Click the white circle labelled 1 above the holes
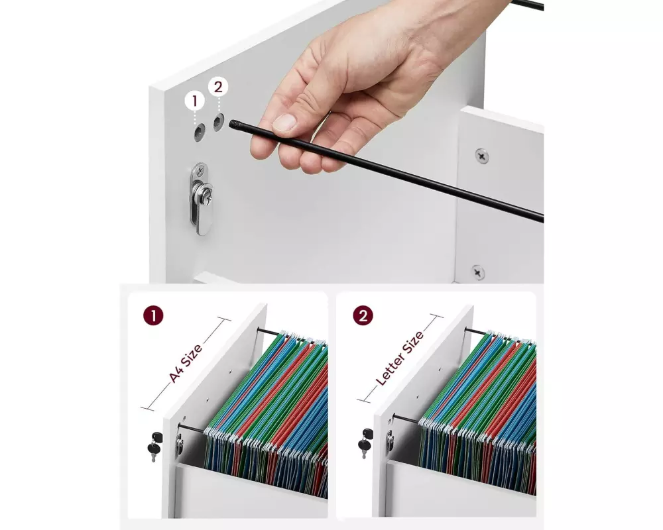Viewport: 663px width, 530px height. point(194,101)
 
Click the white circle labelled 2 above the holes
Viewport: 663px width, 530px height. point(218,87)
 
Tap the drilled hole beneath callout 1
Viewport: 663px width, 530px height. point(200,132)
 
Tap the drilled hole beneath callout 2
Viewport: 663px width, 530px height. point(218,122)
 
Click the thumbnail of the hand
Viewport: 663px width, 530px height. point(284,123)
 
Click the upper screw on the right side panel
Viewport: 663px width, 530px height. point(481,156)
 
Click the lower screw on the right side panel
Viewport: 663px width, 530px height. point(478,272)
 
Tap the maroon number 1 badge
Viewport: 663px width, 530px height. point(153,315)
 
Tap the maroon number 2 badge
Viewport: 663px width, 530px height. point(363,315)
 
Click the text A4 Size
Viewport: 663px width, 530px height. point(186,363)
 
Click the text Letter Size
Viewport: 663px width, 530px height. point(400,358)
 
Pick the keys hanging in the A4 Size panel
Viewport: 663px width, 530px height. point(154,446)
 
